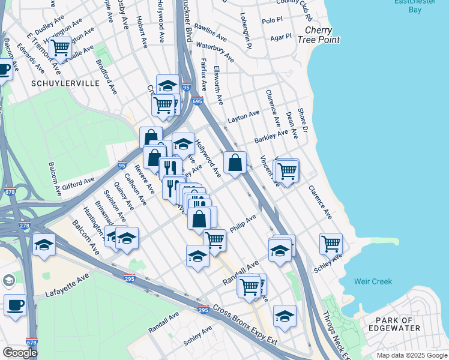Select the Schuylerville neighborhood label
(x=67, y=83)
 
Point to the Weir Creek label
(x=373, y=281)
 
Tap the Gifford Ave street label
(x=78, y=182)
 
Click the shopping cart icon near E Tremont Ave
(x=60, y=47)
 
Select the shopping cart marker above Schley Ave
(x=331, y=244)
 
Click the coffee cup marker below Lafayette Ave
(x=15, y=305)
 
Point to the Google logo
(x=20, y=353)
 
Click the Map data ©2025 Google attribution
(x=412, y=355)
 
